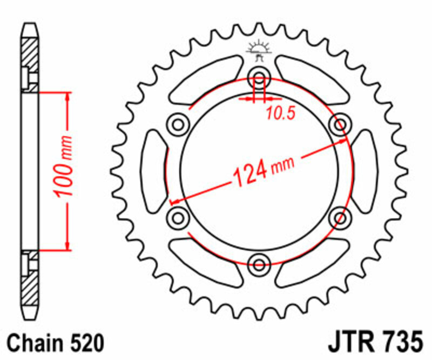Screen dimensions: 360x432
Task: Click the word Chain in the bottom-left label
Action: [x=33, y=343]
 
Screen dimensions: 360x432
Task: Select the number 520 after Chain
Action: [x=84, y=343]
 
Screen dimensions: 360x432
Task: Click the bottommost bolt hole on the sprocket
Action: [x=259, y=264]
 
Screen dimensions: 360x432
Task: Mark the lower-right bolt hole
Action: [x=340, y=218]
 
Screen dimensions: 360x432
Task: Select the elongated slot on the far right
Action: [x=365, y=171]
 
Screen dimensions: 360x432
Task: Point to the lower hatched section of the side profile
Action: [x=30, y=285]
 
